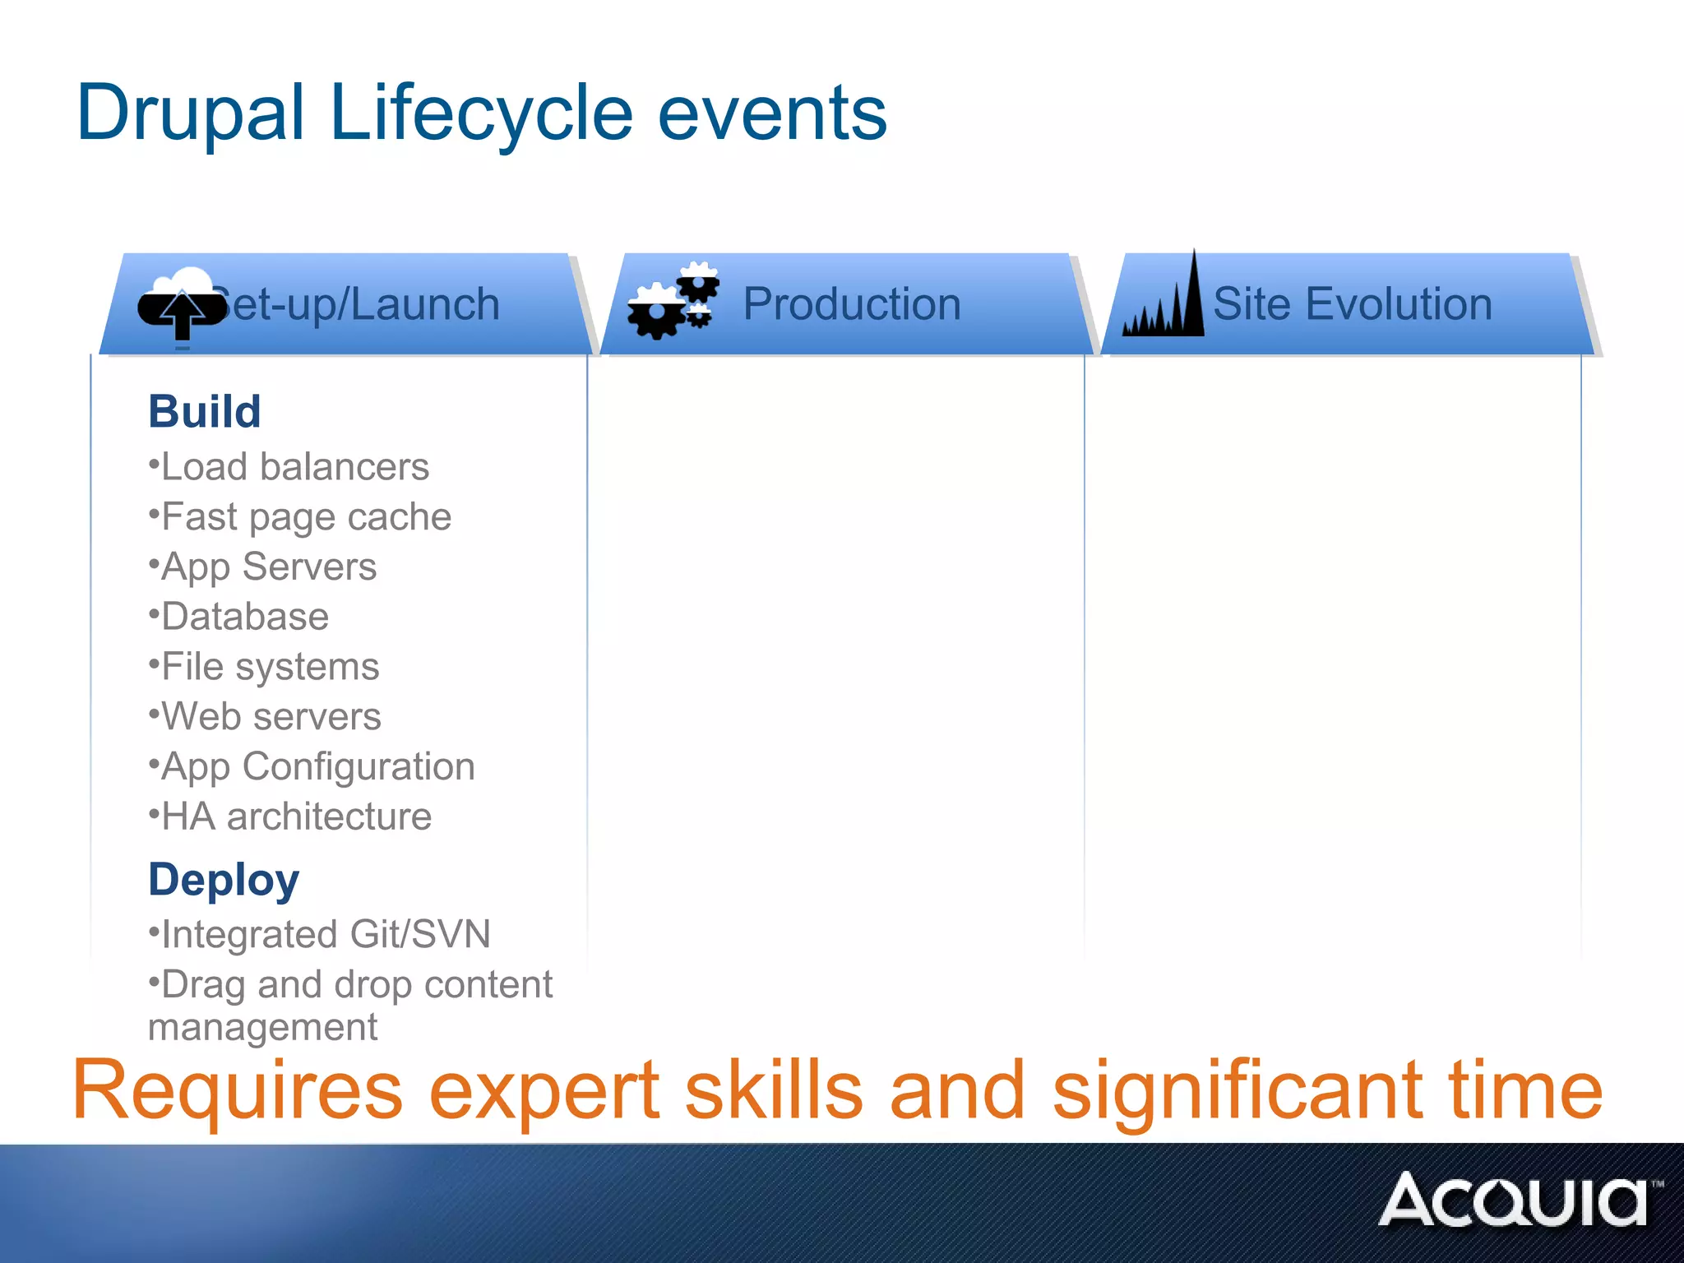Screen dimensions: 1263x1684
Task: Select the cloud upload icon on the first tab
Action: click(x=182, y=304)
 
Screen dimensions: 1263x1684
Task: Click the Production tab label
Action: click(x=852, y=304)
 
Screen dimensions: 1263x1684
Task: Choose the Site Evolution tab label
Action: click(x=1352, y=304)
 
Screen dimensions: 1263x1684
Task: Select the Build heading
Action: click(x=205, y=411)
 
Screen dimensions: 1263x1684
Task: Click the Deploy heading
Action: click(x=224, y=880)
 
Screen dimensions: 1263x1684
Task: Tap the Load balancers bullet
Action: click(x=294, y=467)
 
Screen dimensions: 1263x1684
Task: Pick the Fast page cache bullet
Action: click(x=306, y=517)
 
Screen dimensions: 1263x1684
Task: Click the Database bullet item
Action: click(x=244, y=617)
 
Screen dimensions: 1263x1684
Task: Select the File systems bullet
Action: click(x=270, y=667)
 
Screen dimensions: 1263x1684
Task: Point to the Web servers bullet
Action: click(x=271, y=716)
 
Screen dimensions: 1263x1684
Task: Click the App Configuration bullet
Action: click(x=317, y=766)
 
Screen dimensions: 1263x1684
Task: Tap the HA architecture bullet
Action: click(x=296, y=817)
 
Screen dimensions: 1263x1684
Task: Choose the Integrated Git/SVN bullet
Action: click(x=325, y=934)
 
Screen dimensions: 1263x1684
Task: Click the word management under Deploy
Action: click(x=262, y=1027)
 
